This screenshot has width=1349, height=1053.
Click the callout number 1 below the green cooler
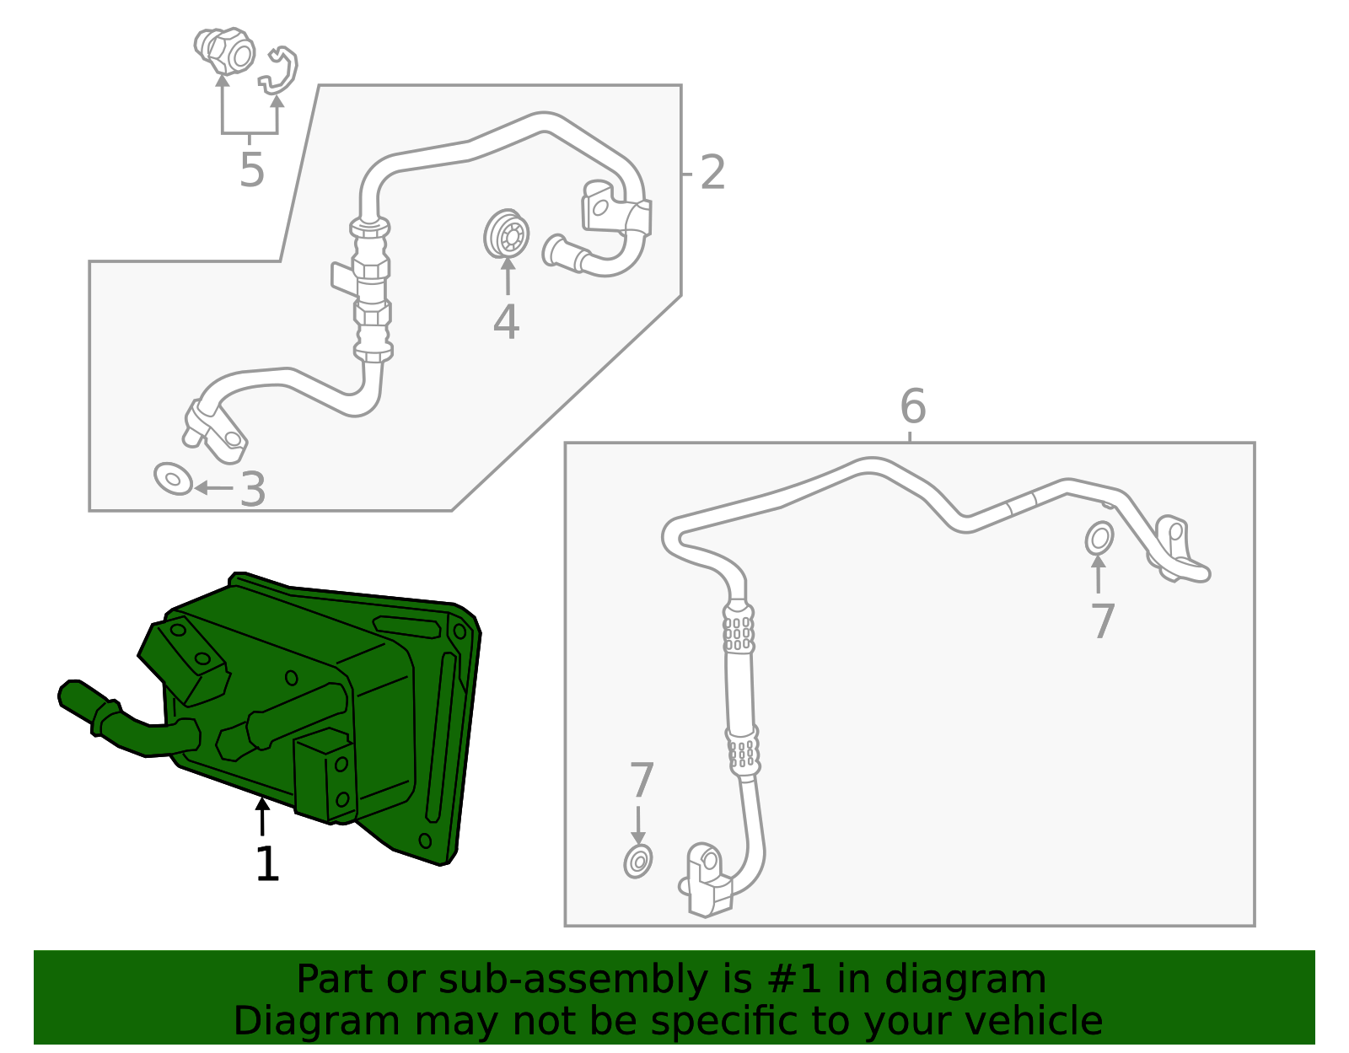267,863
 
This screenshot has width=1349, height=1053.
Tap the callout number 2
712,173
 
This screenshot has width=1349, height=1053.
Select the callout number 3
253,489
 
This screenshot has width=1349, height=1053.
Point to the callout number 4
506,322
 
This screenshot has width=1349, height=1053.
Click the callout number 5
252,169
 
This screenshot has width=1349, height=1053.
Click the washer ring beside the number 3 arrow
174,479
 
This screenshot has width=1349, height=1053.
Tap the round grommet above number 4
507,234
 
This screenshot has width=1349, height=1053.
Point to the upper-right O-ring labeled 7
1099,537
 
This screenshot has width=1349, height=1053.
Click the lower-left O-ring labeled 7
637,861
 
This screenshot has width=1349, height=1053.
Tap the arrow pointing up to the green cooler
262,816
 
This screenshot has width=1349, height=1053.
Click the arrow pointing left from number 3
213,487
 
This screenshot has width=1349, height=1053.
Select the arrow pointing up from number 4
508,276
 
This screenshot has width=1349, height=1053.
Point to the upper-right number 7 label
1102,621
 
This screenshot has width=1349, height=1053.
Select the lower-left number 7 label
642,779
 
